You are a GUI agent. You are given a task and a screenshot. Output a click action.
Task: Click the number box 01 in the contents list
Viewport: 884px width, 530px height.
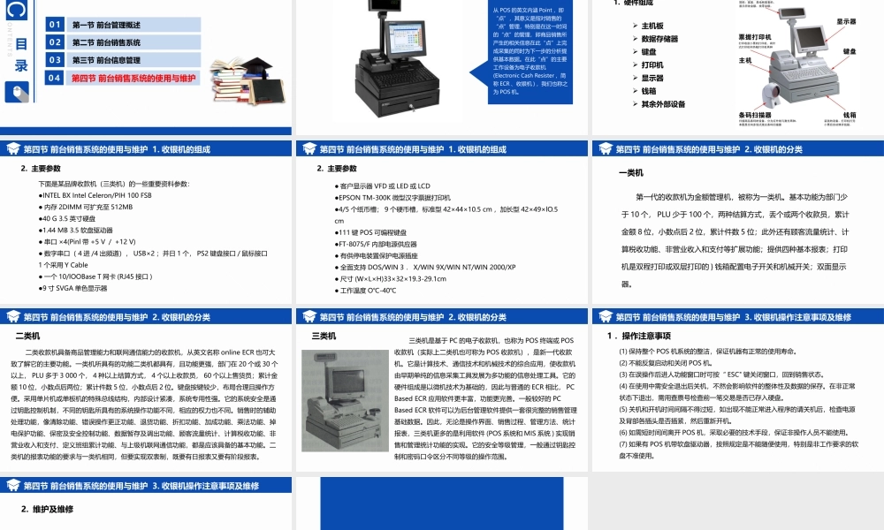(55, 25)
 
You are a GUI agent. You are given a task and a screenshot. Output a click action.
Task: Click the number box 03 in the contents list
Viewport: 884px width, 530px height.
(55, 60)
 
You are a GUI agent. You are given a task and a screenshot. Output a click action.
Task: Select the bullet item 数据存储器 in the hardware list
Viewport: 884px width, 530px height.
(659, 39)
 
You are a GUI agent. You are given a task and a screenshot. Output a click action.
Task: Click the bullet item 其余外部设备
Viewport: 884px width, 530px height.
(663, 104)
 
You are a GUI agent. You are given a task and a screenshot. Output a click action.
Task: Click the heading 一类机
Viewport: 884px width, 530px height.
(630, 173)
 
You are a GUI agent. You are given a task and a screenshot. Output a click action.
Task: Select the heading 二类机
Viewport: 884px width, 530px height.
(28, 336)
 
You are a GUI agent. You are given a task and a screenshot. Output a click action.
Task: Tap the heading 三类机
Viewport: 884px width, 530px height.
(324, 336)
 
